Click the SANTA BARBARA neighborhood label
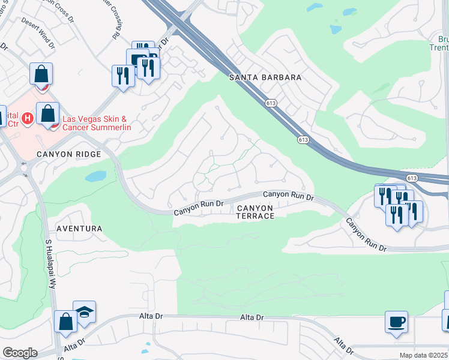coord(265,78)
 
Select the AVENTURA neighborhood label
coord(79,229)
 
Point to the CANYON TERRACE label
coord(255,212)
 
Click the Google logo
coord(20,353)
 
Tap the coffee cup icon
coord(396,321)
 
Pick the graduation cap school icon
coord(85,311)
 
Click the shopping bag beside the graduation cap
coord(65,321)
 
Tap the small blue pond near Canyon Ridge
coord(96,176)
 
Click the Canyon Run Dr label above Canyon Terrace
coord(289,196)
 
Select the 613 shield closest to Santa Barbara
coord(270,103)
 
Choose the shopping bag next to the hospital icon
coord(47,113)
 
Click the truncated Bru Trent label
coord(440,43)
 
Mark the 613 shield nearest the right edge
coord(411,178)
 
